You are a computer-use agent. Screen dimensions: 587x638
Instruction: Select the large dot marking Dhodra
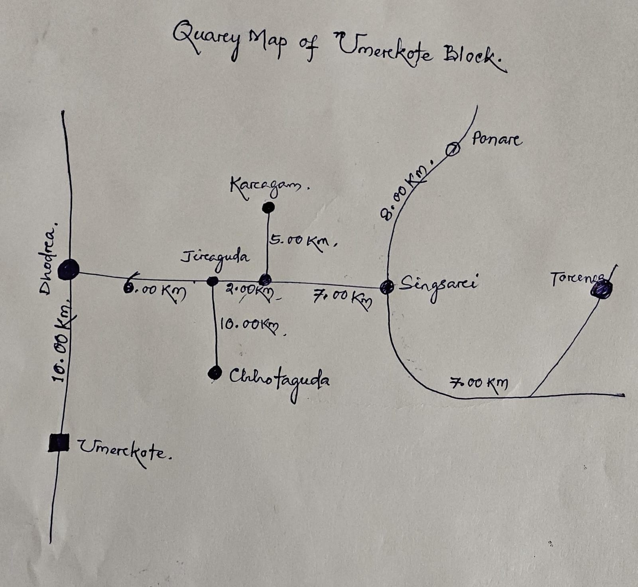tap(69, 270)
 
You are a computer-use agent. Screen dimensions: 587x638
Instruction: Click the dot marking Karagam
tap(268, 207)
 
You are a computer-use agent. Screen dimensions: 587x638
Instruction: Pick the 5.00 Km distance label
tap(302, 241)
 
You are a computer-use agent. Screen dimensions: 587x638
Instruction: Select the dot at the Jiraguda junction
tap(213, 281)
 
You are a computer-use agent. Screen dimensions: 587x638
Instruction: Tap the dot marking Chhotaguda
tap(215, 373)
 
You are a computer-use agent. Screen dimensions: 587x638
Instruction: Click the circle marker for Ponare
tap(453, 150)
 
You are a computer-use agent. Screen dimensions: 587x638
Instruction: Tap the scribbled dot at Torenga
tap(602, 289)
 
